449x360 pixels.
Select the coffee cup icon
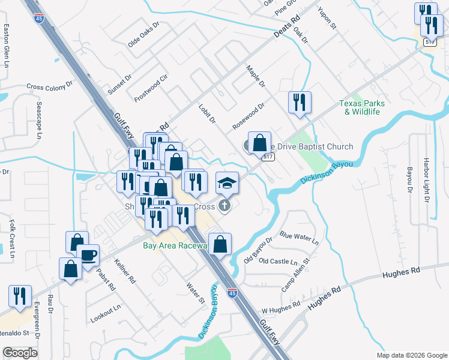point(89,255)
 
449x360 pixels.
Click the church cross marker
point(224,206)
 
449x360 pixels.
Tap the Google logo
point(20,353)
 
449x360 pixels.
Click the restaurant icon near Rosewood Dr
point(298,102)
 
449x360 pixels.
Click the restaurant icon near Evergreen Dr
point(20,296)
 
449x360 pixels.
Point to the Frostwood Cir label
point(151,88)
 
